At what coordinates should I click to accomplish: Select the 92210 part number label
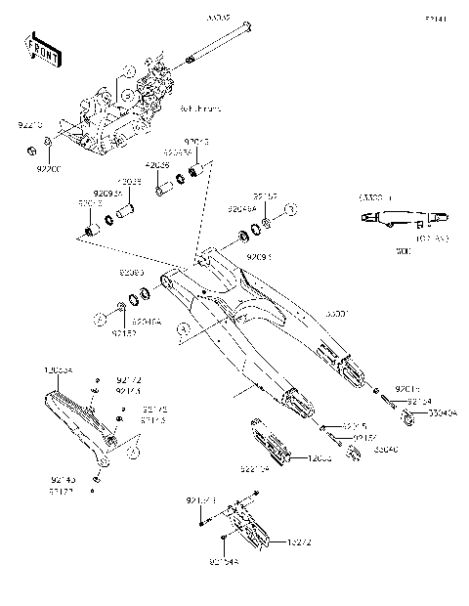30,127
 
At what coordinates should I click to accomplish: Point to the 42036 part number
159,164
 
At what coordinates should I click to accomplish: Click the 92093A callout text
107,194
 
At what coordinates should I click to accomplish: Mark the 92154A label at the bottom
224,562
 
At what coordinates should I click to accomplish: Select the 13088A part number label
58,372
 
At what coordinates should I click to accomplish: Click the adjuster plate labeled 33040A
407,417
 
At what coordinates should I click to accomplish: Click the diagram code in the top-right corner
435,18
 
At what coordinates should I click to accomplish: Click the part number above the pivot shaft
216,18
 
